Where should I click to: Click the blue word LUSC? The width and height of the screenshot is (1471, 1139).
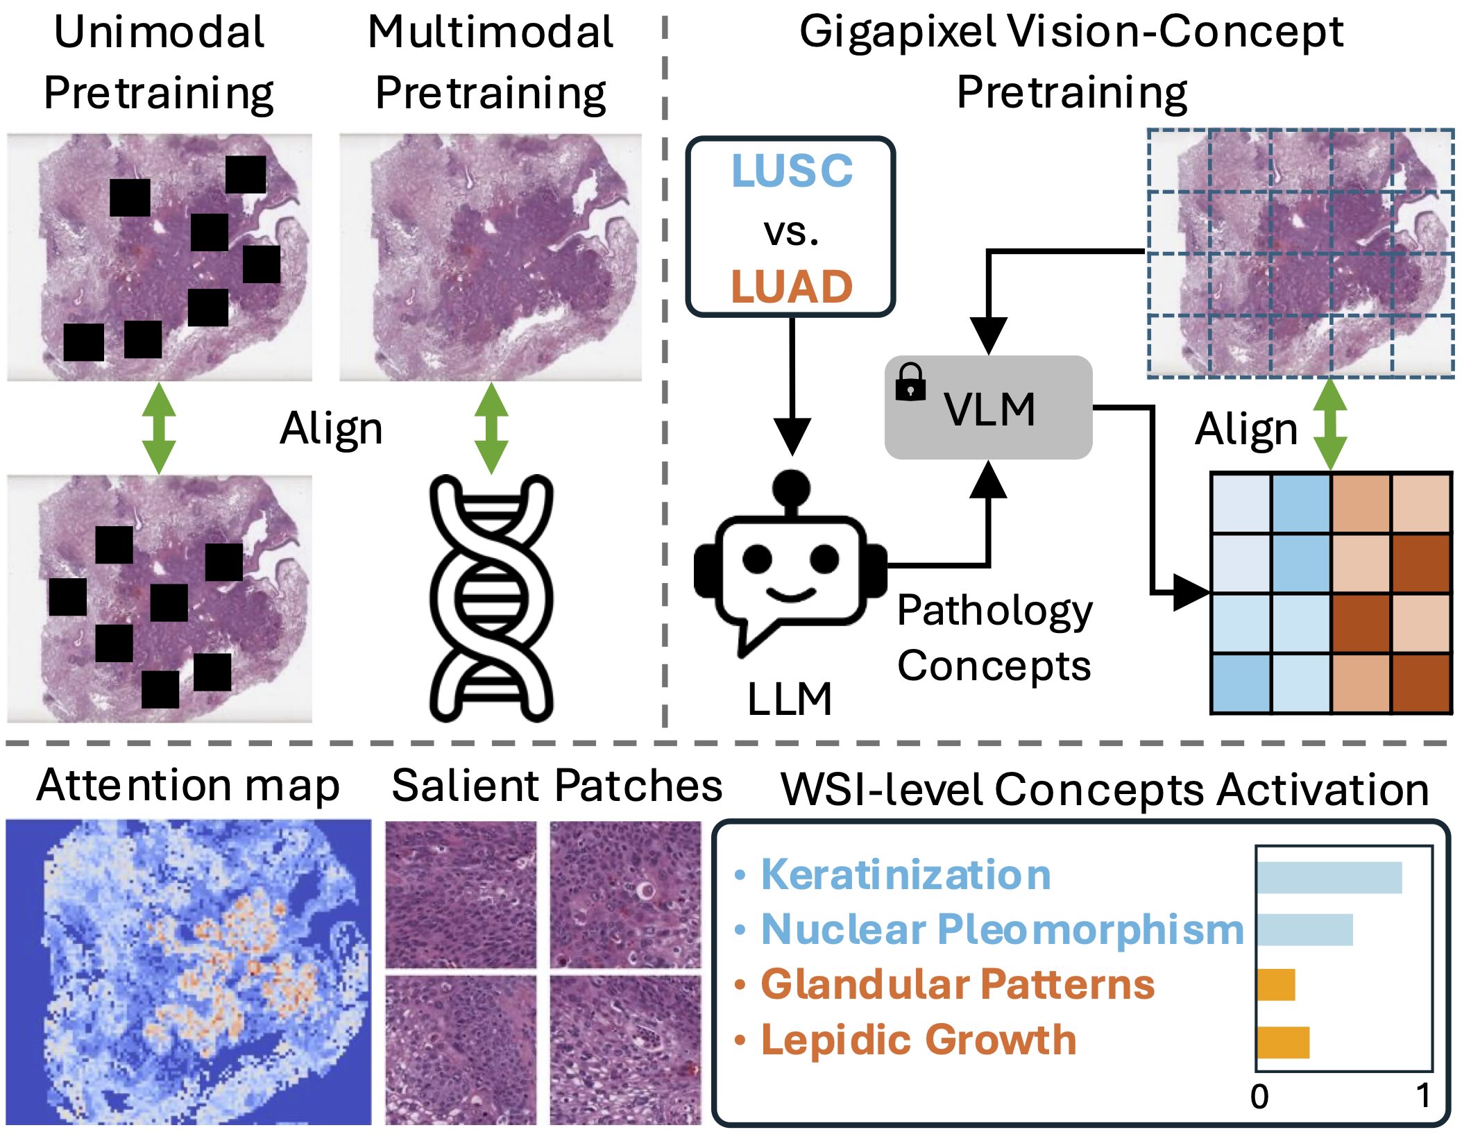792,171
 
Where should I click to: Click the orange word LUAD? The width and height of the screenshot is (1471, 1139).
792,287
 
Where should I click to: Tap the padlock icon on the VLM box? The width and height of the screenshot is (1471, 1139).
910,382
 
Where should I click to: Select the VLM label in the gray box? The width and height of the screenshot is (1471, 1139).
989,409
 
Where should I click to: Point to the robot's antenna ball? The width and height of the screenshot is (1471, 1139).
791,487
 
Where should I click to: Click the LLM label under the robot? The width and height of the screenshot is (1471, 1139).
790,698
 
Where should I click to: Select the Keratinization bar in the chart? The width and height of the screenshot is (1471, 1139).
1329,877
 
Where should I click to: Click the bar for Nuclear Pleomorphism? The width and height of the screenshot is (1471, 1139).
1304,930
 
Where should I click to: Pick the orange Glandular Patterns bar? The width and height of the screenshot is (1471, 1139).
1276,985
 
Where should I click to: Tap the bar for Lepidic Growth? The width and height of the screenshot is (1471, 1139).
1283,1042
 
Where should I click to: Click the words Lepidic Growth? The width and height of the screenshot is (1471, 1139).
918,1040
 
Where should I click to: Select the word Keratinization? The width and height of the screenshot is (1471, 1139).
905,875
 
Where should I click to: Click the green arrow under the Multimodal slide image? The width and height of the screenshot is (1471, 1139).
491,428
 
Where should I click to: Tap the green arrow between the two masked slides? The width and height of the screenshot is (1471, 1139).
159,428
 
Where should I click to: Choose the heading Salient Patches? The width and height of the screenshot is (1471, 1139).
556,786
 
